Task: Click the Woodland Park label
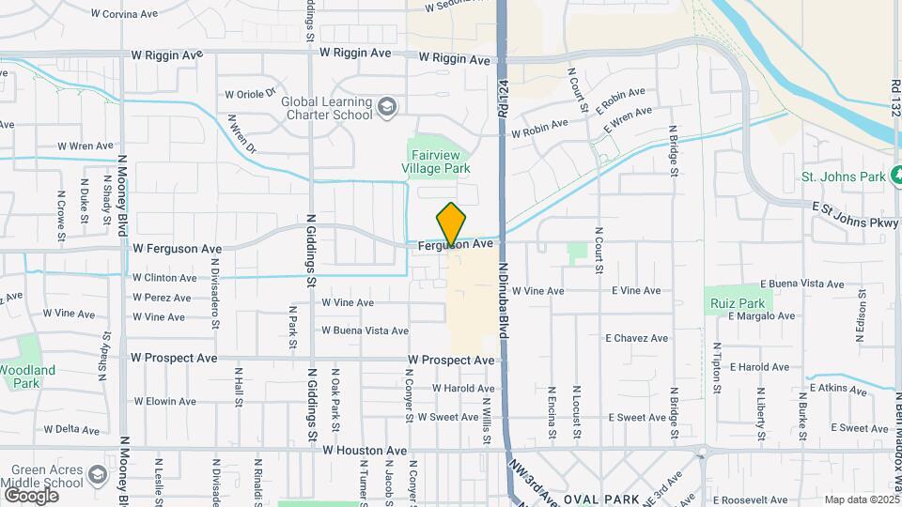(x=27, y=376)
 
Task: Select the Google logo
(x=31, y=495)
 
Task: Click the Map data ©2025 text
(x=862, y=499)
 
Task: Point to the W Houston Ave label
(x=365, y=451)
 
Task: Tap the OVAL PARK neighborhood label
(x=601, y=499)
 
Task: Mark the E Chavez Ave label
(x=636, y=338)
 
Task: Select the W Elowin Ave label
(x=164, y=402)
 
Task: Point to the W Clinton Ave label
(x=164, y=278)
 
